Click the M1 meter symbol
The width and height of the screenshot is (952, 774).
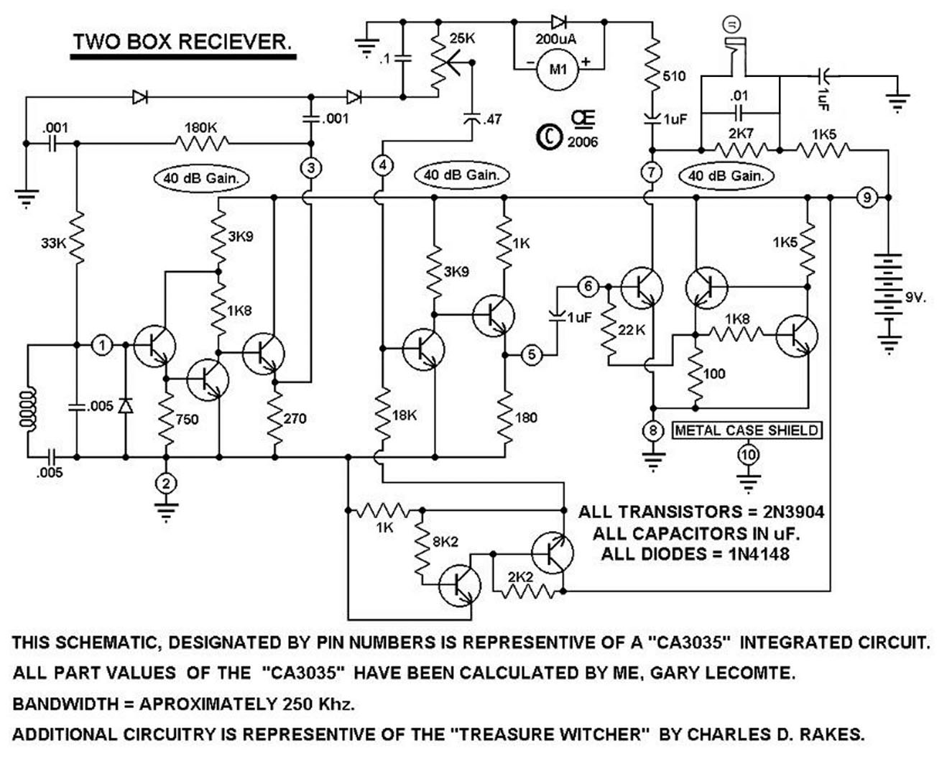click(558, 70)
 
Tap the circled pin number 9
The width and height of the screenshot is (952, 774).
click(867, 197)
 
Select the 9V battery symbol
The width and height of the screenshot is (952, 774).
click(889, 295)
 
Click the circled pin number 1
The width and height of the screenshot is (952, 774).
click(102, 346)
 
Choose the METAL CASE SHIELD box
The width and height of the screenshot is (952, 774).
click(747, 430)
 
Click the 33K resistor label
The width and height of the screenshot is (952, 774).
click(53, 243)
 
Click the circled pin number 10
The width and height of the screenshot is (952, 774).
click(748, 455)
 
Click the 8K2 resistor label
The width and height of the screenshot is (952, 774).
click(445, 542)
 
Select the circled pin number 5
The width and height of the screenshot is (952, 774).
click(532, 354)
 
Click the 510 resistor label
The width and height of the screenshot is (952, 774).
click(674, 76)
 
